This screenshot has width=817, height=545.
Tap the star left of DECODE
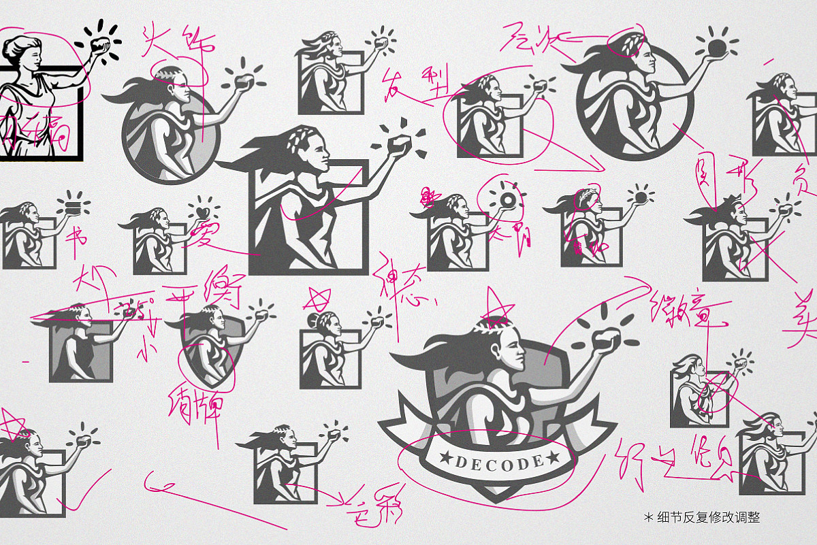[446, 455]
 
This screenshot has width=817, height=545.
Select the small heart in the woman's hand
[202, 213]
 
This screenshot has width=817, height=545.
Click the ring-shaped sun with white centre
[507, 199]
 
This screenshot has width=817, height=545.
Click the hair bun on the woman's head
[314, 320]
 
